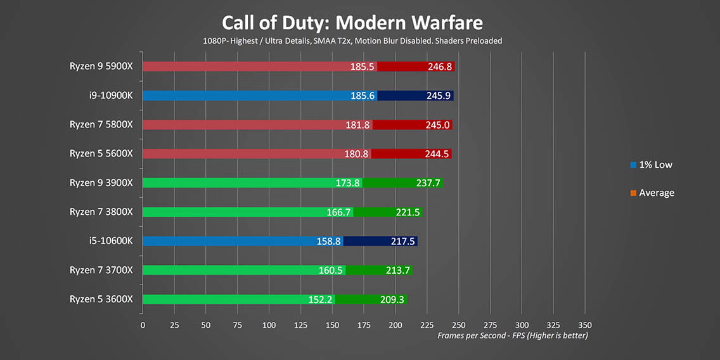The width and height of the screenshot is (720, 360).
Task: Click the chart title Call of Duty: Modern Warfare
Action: point(352,23)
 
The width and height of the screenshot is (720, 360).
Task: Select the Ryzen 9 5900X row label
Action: point(101,66)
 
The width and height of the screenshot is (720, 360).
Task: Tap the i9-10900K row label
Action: point(111,96)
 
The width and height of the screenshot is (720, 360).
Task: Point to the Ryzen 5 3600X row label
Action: point(101,299)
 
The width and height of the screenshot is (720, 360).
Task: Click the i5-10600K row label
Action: point(111,241)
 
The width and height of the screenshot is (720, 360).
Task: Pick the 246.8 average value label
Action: point(440,67)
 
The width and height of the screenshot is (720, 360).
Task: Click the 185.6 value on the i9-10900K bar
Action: point(363,96)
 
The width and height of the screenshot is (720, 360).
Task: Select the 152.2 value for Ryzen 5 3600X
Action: point(321,299)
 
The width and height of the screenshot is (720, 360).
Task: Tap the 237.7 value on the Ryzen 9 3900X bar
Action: point(428,183)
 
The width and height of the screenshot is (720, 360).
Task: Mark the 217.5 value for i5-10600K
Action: point(403,241)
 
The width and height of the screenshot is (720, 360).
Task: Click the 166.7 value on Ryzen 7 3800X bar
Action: point(338,212)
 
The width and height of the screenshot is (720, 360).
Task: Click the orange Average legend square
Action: point(634,193)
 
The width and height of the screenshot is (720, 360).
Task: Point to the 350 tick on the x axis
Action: point(584,325)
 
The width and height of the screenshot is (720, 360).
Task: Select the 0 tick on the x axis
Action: point(143,325)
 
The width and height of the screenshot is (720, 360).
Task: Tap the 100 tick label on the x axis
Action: point(269,325)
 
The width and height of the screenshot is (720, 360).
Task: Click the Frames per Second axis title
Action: point(512,335)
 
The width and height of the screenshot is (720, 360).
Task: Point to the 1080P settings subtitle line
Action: point(352,41)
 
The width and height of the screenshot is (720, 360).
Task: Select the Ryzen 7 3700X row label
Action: point(101,270)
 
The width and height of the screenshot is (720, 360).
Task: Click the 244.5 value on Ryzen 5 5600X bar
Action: point(437,154)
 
